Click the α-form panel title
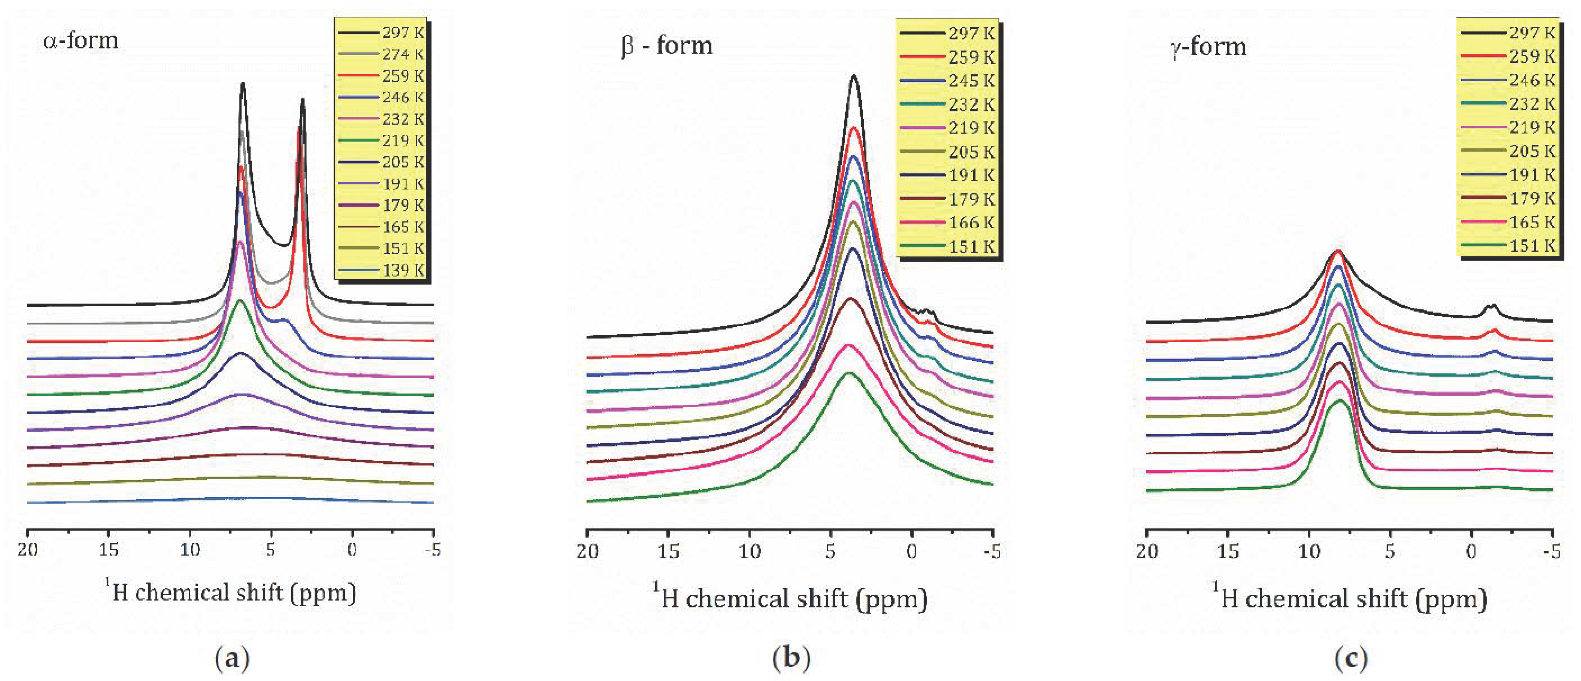(x=80, y=40)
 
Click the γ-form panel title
(x=1208, y=47)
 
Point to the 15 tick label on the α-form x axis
(x=109, y=550)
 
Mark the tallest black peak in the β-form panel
(x=854, y=77)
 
